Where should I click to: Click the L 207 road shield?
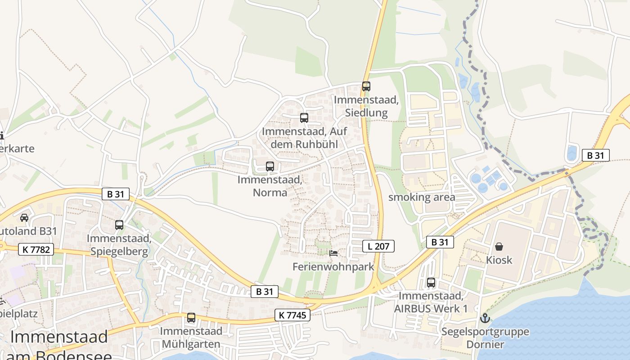coord(378,246)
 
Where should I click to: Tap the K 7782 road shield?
coord(36,249)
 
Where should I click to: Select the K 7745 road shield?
coord(292,315)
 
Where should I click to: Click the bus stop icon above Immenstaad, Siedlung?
coord(366,86)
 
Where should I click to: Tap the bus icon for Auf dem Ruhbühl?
coord(304,118)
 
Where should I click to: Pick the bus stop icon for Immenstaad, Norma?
coord(270,166)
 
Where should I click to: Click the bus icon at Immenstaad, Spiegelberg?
coord(119,225)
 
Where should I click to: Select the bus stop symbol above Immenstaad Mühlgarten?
coord(191,318)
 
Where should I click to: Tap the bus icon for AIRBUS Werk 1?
coord(431,283)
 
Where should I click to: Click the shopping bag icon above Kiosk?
coord(499,247)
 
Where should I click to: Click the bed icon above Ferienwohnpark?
coord(333,253)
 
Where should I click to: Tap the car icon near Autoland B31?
coord(24,217)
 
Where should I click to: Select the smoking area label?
coord(422,197)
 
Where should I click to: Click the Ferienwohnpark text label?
coord(333,267)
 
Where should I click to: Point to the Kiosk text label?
coord(499,260)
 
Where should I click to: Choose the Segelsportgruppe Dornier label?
coord(485,338)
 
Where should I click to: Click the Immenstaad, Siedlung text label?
coord(366,106)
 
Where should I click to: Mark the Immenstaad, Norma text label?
coord(270,186)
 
